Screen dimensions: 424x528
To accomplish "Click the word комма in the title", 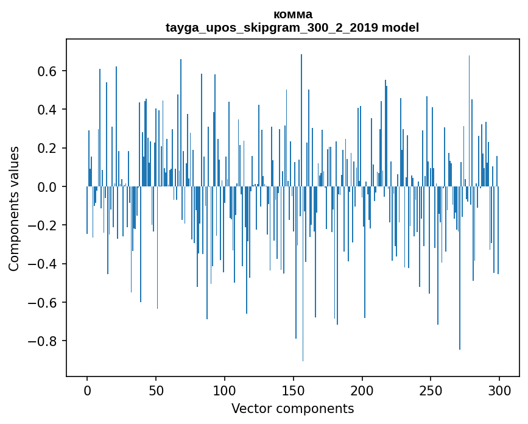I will (x=292, y=14).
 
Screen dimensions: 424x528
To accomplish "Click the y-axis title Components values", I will (x=14, y=208).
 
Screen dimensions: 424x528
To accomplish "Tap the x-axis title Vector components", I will (x=292, y=408).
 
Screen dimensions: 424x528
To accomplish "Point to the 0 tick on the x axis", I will (x=87, y=390).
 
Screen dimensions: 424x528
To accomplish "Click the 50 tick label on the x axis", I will (x=156, y=390).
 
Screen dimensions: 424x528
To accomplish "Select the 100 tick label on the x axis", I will (x=225, y=390).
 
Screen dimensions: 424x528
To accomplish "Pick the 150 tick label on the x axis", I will (x=294, y=390).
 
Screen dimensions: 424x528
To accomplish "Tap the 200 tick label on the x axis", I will (x=362, y=390).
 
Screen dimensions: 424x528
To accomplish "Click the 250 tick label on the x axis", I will (x=431, y=390).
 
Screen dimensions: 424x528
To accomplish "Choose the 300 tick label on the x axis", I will (x=499, y=390).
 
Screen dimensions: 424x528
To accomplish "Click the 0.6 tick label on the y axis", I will (x=48, y=71).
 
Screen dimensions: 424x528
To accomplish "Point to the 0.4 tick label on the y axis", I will (x=48, y=110).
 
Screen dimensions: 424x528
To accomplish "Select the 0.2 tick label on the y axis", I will (x=48, y=148).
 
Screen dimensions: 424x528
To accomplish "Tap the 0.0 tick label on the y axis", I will (x=48, y=186).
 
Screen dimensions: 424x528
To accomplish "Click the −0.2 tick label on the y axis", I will (x=43, y=225).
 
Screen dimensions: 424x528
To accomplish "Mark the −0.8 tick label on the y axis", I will (x=43, y=341).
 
